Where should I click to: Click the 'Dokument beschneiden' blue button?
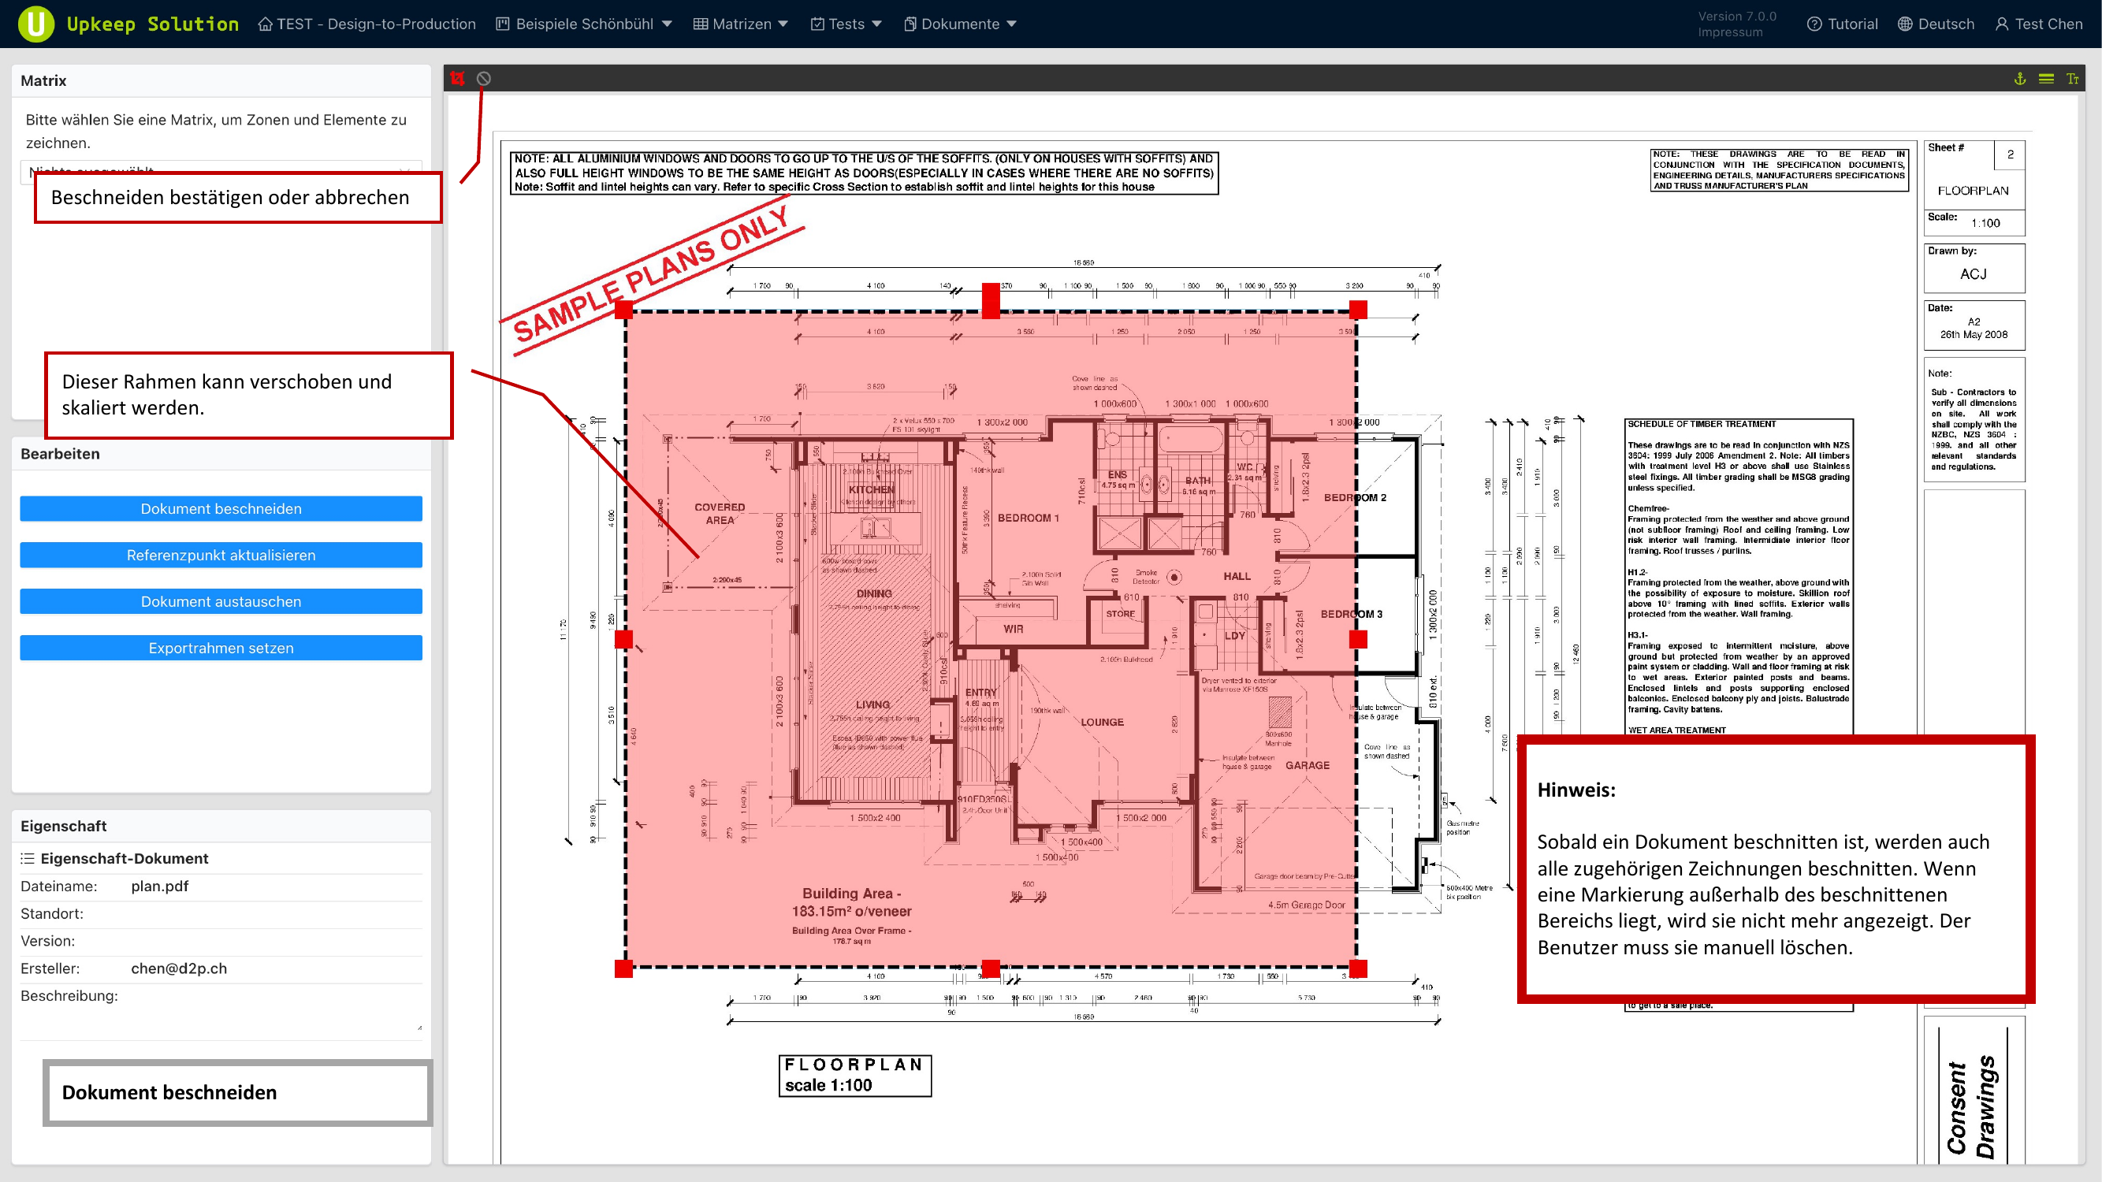[221, 508]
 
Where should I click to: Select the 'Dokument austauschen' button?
[221, 601]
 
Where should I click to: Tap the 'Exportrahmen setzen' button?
[221, 648]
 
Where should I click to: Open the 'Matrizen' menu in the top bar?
[741, 24]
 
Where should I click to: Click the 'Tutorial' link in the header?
[1843, 24]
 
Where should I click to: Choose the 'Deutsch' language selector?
[1936, 24]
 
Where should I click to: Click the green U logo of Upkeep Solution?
[36, 24]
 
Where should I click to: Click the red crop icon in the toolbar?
[458, 78]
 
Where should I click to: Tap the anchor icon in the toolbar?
[2019, 78]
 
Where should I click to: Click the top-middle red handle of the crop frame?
[991, 301]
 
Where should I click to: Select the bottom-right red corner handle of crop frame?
[1358, 968]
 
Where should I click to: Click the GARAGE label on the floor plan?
[1308, 765]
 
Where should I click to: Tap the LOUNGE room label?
[1103, 722]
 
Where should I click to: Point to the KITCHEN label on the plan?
[872, 489]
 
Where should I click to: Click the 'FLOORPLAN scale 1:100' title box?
[854, 1075]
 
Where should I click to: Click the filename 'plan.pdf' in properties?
[160, 886]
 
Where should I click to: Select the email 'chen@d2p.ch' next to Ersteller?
[179, 968]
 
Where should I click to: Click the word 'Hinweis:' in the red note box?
[1576, 790]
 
